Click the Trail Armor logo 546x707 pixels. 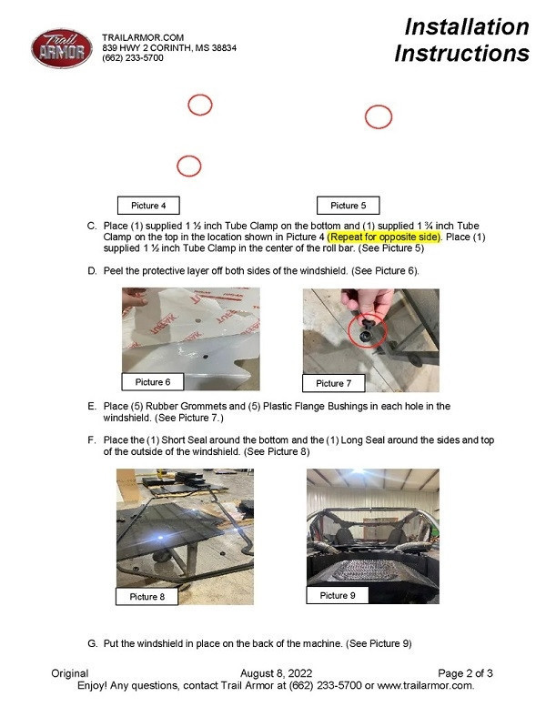coord(62,49)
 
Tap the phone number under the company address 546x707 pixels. coord(133,58)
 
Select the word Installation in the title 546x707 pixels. coord(467,26)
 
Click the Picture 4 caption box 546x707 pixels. coord(148,206)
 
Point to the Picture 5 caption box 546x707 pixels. coord(348,206)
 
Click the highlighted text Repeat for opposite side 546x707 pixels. coord(384,237)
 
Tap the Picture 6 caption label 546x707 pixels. coord(153,382)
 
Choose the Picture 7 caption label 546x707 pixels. coord(334,383)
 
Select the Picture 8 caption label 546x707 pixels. coord(147,597)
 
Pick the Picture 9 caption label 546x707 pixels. coord(338,595)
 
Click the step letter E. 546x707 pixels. coord(92,406)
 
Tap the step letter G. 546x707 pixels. coord(92,643)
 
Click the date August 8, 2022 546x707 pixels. coord(276,673)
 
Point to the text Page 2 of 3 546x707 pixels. coord(465,673)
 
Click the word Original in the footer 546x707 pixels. coord(70,673)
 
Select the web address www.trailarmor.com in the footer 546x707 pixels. coord(425,686)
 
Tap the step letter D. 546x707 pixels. coord(92,271)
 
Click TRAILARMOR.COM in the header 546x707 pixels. coord(143,37)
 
